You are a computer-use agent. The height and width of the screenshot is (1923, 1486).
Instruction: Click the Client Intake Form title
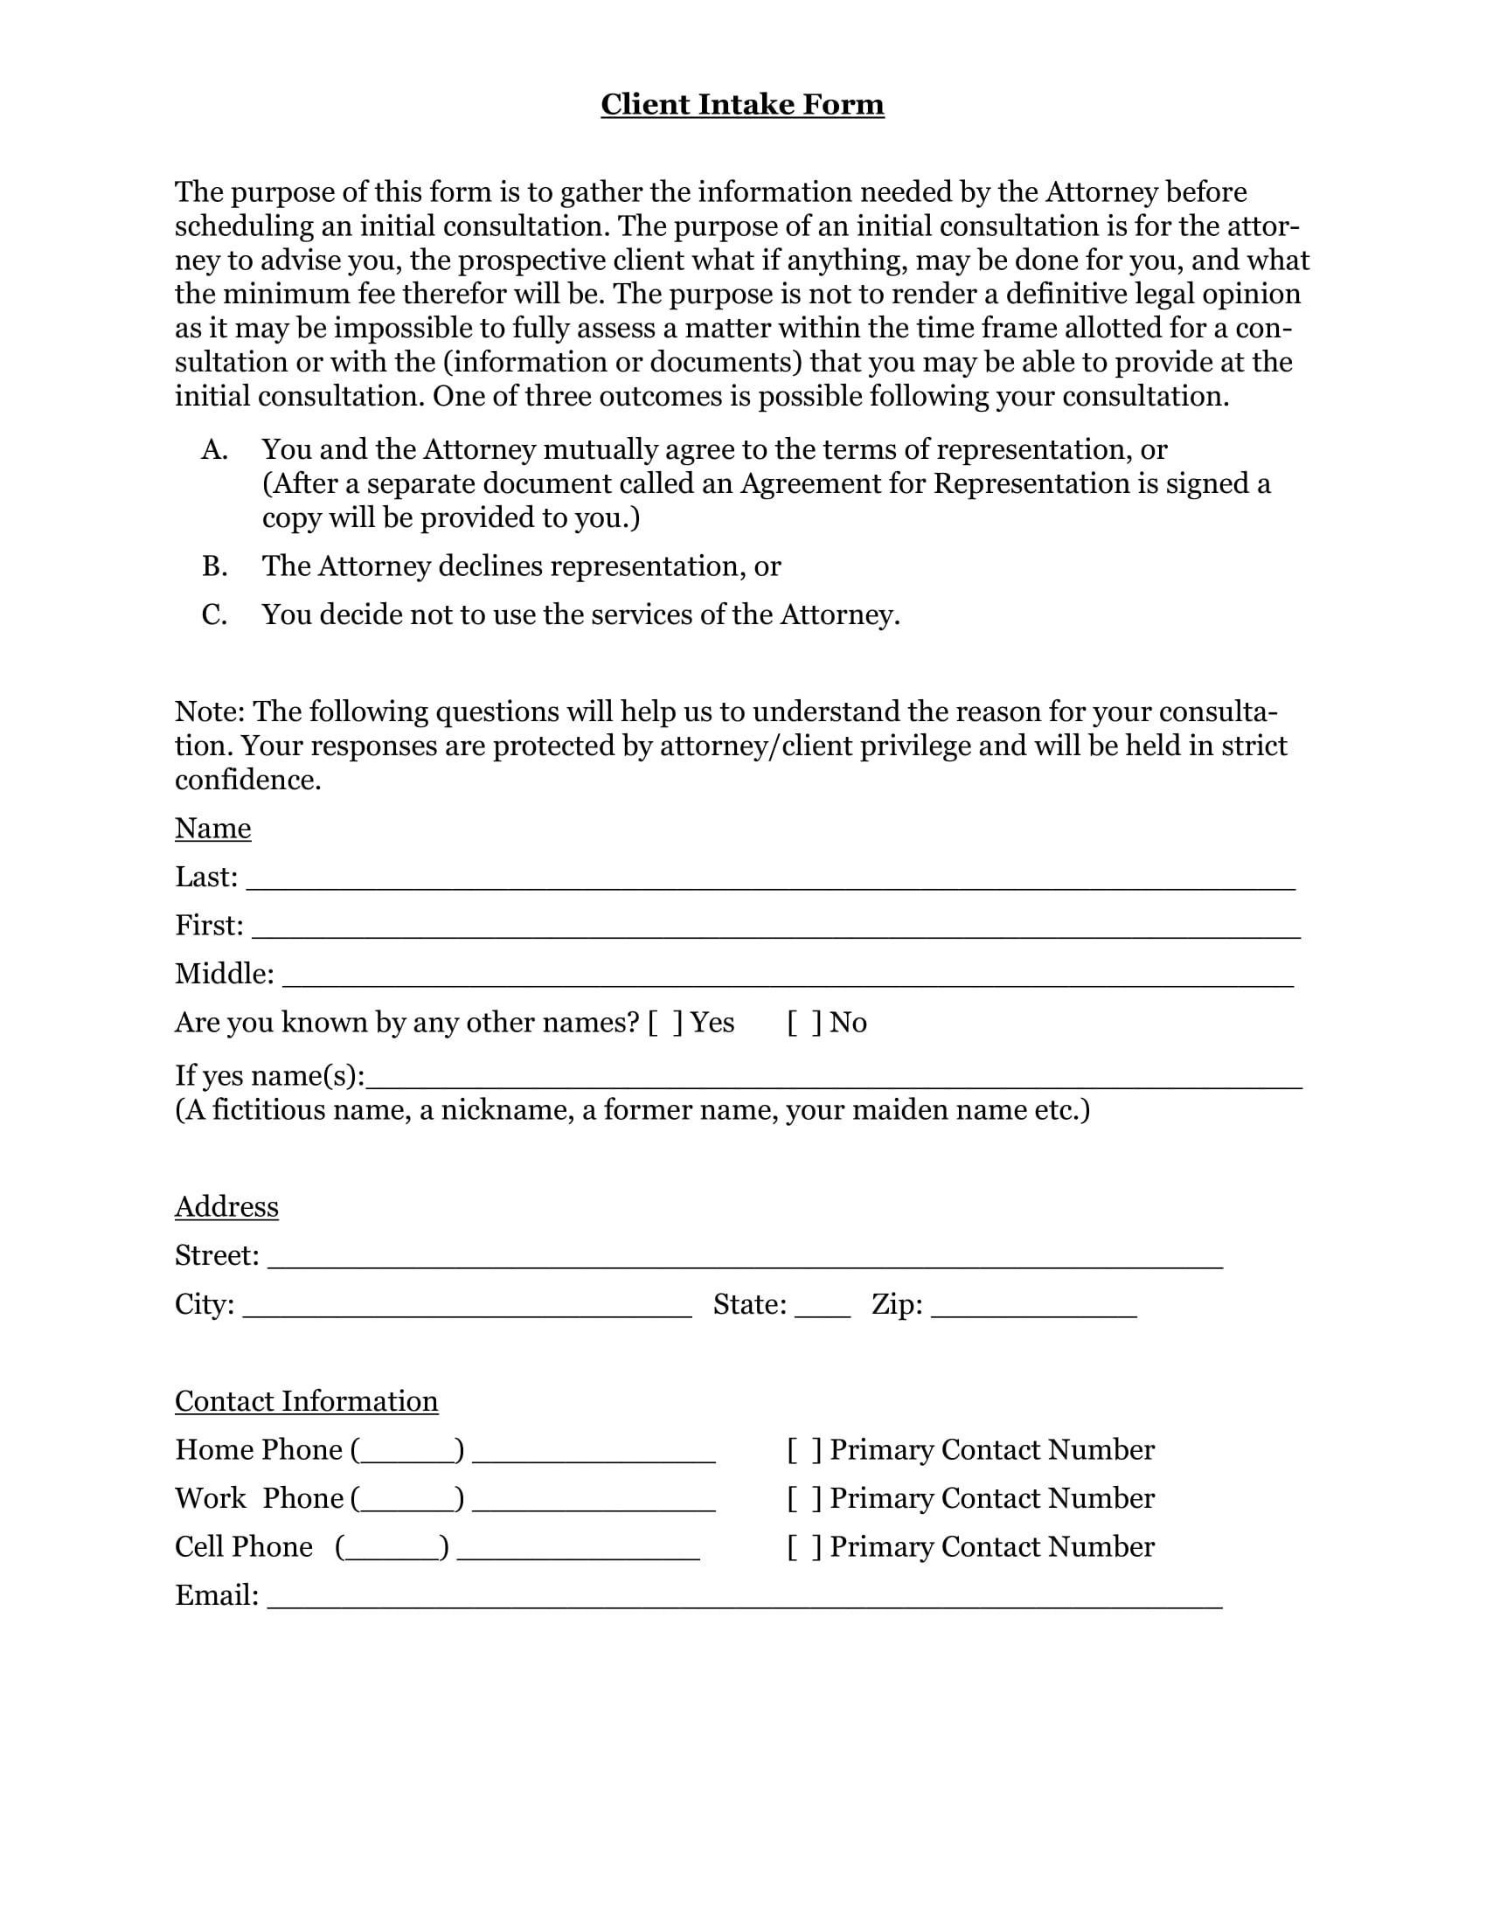[742, 104]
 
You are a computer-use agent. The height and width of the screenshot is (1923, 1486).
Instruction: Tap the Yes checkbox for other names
[664, 1023]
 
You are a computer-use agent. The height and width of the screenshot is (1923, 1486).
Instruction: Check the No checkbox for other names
[803, 1023]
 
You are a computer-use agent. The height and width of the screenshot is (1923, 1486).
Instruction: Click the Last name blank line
[770, 883]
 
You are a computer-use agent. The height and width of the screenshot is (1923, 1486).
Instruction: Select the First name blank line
[774, 932]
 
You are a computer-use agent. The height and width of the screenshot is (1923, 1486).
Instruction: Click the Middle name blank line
[788, 980]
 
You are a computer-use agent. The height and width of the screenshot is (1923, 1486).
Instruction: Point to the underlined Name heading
[213, 828]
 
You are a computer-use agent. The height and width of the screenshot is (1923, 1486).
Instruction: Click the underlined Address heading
[226, 1206]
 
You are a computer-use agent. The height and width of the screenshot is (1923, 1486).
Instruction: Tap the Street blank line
[745, 1261]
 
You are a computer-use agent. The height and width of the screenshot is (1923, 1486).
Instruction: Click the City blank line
[467, 1310]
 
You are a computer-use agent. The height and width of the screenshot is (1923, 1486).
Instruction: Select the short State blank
[823, 1310]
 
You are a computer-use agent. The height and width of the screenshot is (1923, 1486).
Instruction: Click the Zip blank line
[1033, 1310]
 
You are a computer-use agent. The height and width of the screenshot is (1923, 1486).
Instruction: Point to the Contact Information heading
[306, 1401]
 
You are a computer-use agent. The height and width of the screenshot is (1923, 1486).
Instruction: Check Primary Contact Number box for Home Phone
[803, 1450]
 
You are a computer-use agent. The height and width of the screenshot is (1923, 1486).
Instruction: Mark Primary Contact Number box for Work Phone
[803, 1498]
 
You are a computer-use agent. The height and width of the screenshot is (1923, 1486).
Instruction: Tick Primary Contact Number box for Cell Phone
[803, 1547]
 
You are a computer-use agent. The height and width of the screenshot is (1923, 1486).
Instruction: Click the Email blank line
[745, 1601]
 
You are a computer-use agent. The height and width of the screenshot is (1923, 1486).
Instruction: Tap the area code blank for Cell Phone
[392, 1553]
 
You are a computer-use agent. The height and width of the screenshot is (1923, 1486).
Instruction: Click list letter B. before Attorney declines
[215, 566]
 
